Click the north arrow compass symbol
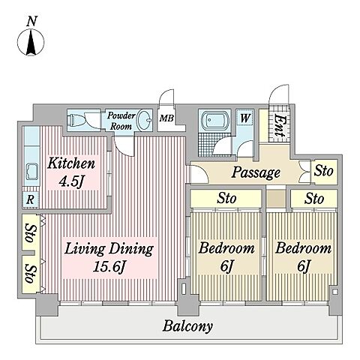[31, 42]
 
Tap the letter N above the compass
[31, 21]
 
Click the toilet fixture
[75, 120]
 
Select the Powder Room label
[121, 121]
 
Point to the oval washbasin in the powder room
[145, 120]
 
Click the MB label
[166, 118]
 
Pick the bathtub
[214, 121]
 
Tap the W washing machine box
[244, 118]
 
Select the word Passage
[256, 172]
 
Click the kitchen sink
[31, 171]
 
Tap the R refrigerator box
[31, 199]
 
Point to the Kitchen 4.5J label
[71, 172]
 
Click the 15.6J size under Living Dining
[109, 267]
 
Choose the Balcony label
[187, 326]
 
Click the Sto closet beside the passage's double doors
[324, 171]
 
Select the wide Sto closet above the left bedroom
[226, 199]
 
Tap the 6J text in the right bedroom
[304, 266]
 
